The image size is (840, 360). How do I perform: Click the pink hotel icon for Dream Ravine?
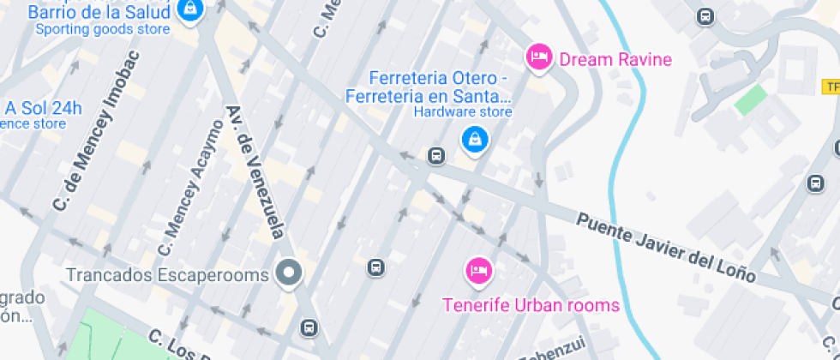click(x=538, y=57)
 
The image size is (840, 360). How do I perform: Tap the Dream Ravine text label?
click(x=615, y=59)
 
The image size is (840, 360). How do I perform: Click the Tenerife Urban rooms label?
click(x=530, y=305)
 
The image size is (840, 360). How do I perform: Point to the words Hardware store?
click(x=463, y=111)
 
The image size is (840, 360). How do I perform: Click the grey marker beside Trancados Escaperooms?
click(x=289, y=274)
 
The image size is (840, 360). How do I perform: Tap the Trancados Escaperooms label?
click(x=168, y=275)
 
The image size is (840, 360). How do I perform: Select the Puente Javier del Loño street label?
click(x=666, y=249)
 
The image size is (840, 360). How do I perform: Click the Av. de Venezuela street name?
click(x=255, y=171)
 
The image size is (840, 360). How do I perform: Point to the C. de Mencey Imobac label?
click(x=95, y=141)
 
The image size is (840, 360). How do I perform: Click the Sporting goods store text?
click(x=102, y=29)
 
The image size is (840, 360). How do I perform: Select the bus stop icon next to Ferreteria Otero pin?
click(x=436, y=156)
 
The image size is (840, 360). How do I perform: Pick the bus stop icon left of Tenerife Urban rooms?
click(x=375, y=267)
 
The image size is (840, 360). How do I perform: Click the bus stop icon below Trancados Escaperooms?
click(x=308, y=327)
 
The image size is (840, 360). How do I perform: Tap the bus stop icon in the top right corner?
click(x=705, y=16)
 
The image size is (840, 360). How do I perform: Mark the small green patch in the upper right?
click(x=750, y=99)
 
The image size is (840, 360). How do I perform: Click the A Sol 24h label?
click(x=43, y=108)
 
